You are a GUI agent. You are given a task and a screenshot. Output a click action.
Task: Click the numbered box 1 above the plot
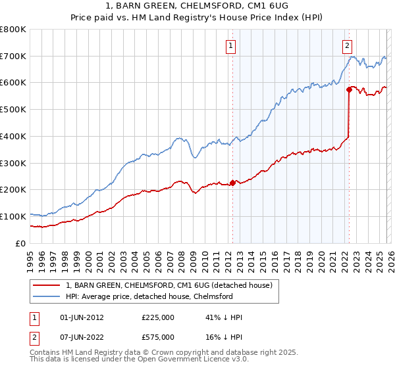click(232, 45)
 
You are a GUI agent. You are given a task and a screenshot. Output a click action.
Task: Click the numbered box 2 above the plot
click(347, 45)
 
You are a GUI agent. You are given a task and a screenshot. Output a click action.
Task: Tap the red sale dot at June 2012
click(232, 183)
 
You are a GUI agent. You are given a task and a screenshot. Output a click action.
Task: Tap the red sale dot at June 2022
click(348, 89)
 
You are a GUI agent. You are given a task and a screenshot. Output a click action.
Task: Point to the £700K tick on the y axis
click(13, 57)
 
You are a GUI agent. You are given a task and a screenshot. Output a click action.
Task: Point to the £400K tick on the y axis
click(13, 137)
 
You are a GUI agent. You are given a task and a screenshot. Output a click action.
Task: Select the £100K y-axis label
click(13, 216)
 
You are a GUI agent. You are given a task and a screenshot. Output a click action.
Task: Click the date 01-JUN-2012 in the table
click(82, 317)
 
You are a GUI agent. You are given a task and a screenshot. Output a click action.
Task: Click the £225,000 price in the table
click(158, 317)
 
